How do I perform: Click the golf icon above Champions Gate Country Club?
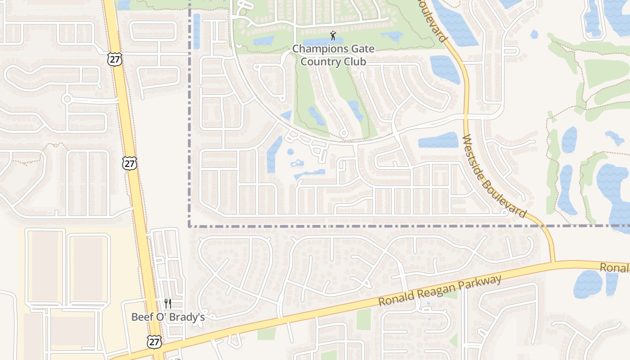(333, 36)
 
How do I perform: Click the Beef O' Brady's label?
(168, 317)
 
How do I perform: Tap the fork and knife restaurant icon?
(168, 304)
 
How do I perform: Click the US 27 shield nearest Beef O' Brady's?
(154, 342)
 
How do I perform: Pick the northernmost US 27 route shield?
(115, 59)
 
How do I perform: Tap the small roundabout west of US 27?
(67, 99)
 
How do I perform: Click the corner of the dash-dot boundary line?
(189, 226)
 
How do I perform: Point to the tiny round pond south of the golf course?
(290, 152)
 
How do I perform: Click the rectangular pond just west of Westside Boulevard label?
(438, 140)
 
